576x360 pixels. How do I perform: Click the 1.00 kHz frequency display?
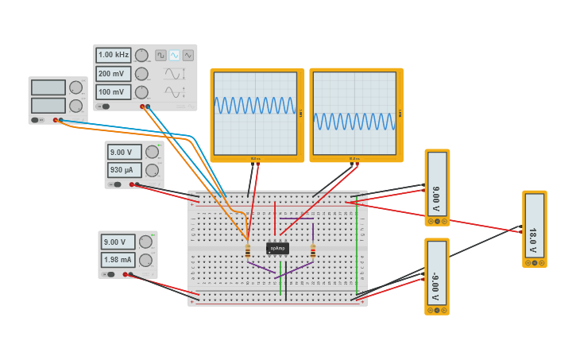(114, 56)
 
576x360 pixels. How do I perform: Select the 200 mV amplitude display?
(114, 74)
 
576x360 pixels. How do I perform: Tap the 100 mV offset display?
(114, 92)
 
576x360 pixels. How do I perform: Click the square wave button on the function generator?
(160, 56)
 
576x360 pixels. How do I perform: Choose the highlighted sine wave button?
(174, 56)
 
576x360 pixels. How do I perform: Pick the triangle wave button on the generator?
(188, 56)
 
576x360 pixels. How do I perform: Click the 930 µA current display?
(125, 170)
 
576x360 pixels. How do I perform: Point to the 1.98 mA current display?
(118, 260)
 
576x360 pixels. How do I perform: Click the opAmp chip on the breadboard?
(277, 248)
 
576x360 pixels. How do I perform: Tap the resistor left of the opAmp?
(248, 251)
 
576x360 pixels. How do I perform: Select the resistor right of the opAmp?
(313, 251)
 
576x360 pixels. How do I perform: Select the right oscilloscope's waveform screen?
(354, 112)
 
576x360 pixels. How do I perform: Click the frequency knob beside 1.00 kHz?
(141, 56)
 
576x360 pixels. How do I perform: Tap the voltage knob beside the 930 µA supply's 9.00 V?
(152, 152)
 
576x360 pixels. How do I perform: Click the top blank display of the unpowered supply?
(48, 87)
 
